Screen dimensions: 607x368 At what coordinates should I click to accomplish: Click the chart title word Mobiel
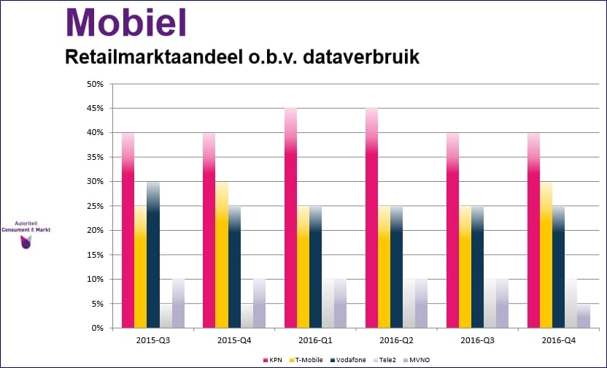click(x=126, y=23)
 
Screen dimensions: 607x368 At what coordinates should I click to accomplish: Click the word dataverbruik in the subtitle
click(x=361, y=57)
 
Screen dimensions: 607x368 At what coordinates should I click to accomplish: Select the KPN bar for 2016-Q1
click(x=290, y=218)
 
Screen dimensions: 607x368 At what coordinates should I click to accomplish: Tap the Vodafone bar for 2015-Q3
click(x=153, y=255)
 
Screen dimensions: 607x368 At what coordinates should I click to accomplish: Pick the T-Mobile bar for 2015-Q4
click(x=222, y=255)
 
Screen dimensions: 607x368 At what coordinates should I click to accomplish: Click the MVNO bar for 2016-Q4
click(x=584, y=316)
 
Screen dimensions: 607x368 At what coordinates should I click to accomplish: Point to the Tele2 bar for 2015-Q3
click(x=166, y=316)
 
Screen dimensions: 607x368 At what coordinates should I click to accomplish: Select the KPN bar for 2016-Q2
click(x=371, y=218)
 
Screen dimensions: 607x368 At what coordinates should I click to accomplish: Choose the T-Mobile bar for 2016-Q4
click(x=546, y=255)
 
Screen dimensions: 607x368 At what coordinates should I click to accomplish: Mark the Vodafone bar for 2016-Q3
click(x=478, y=267)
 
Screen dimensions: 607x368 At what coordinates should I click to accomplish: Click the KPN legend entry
click(x=273, y=360)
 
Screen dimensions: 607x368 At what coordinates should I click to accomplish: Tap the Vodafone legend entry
click(x=349, y=360)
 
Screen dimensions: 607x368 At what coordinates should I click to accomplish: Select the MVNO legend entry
click(x=417, y=360)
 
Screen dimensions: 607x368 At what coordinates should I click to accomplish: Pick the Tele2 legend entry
click(x=384, y=360)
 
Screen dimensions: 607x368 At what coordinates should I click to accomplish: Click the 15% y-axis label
click(x=96, y=255)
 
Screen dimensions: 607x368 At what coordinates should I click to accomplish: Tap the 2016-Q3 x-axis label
click(x=477, y=340)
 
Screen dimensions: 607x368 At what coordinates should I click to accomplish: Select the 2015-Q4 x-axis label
click(x=234, y=340)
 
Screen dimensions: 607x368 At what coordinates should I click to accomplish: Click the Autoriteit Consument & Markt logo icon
click(x=26, y=242)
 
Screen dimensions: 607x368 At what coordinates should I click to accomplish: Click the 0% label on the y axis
click(x=98, y=328)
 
